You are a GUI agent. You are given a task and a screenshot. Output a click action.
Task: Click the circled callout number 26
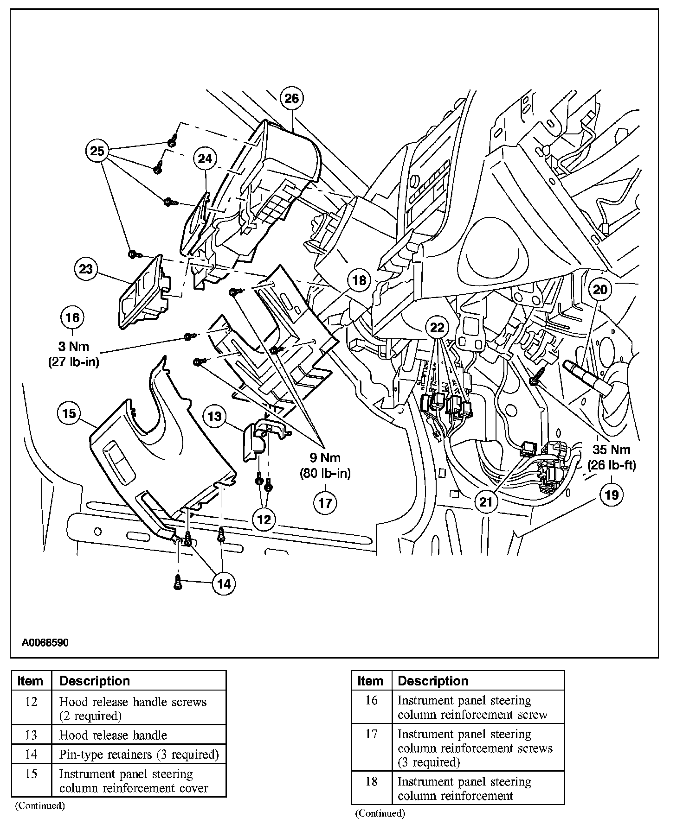pos(292,98)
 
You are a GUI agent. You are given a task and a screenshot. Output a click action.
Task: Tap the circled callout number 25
pos(97,151)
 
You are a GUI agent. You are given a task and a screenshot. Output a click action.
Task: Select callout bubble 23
pos(86,269)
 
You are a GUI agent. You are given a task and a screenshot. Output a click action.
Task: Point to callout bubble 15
pos(69,413)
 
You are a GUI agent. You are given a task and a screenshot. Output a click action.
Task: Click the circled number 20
pos(600,290)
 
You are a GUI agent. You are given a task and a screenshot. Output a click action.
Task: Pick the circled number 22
pos(437,328)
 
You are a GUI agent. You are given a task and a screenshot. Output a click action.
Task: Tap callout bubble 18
pos(359,280)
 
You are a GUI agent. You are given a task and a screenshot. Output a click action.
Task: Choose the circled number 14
pos(224,584)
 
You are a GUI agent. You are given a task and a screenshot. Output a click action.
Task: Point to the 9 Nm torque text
pos(325,458)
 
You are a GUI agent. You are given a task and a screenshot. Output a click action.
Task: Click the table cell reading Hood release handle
pos(113,735)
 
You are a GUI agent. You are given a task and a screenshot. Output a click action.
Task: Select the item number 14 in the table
pos(31,754)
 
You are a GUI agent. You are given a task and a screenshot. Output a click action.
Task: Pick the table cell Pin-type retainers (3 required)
pos(139,754)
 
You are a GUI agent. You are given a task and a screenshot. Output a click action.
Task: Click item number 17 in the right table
pos(371,735)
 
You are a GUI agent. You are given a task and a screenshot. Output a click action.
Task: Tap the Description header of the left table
pos(95,681)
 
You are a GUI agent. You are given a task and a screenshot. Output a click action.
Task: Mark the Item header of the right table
pos(370,681)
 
